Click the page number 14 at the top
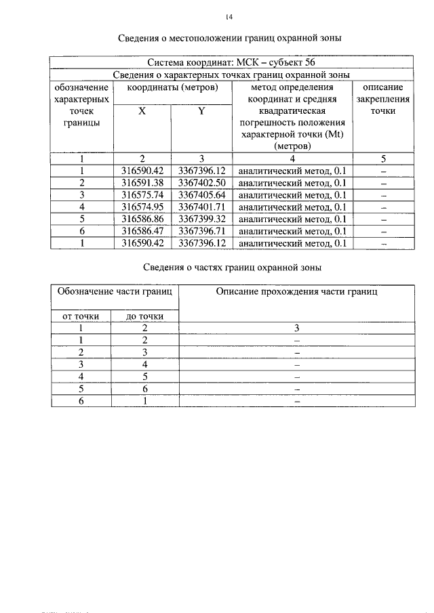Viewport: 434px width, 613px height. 229,16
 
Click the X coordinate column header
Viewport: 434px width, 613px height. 142,111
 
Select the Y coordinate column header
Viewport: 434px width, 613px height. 201,111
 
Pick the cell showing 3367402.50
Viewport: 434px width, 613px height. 201,183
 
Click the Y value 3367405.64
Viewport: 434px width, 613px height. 201,195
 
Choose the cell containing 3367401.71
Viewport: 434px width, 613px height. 201,207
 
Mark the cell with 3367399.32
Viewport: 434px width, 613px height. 201,219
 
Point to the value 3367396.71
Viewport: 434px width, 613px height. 201,232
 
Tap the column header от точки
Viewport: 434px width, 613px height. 81,316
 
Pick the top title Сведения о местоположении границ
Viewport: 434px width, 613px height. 230,37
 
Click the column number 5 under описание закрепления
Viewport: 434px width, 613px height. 383,158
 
